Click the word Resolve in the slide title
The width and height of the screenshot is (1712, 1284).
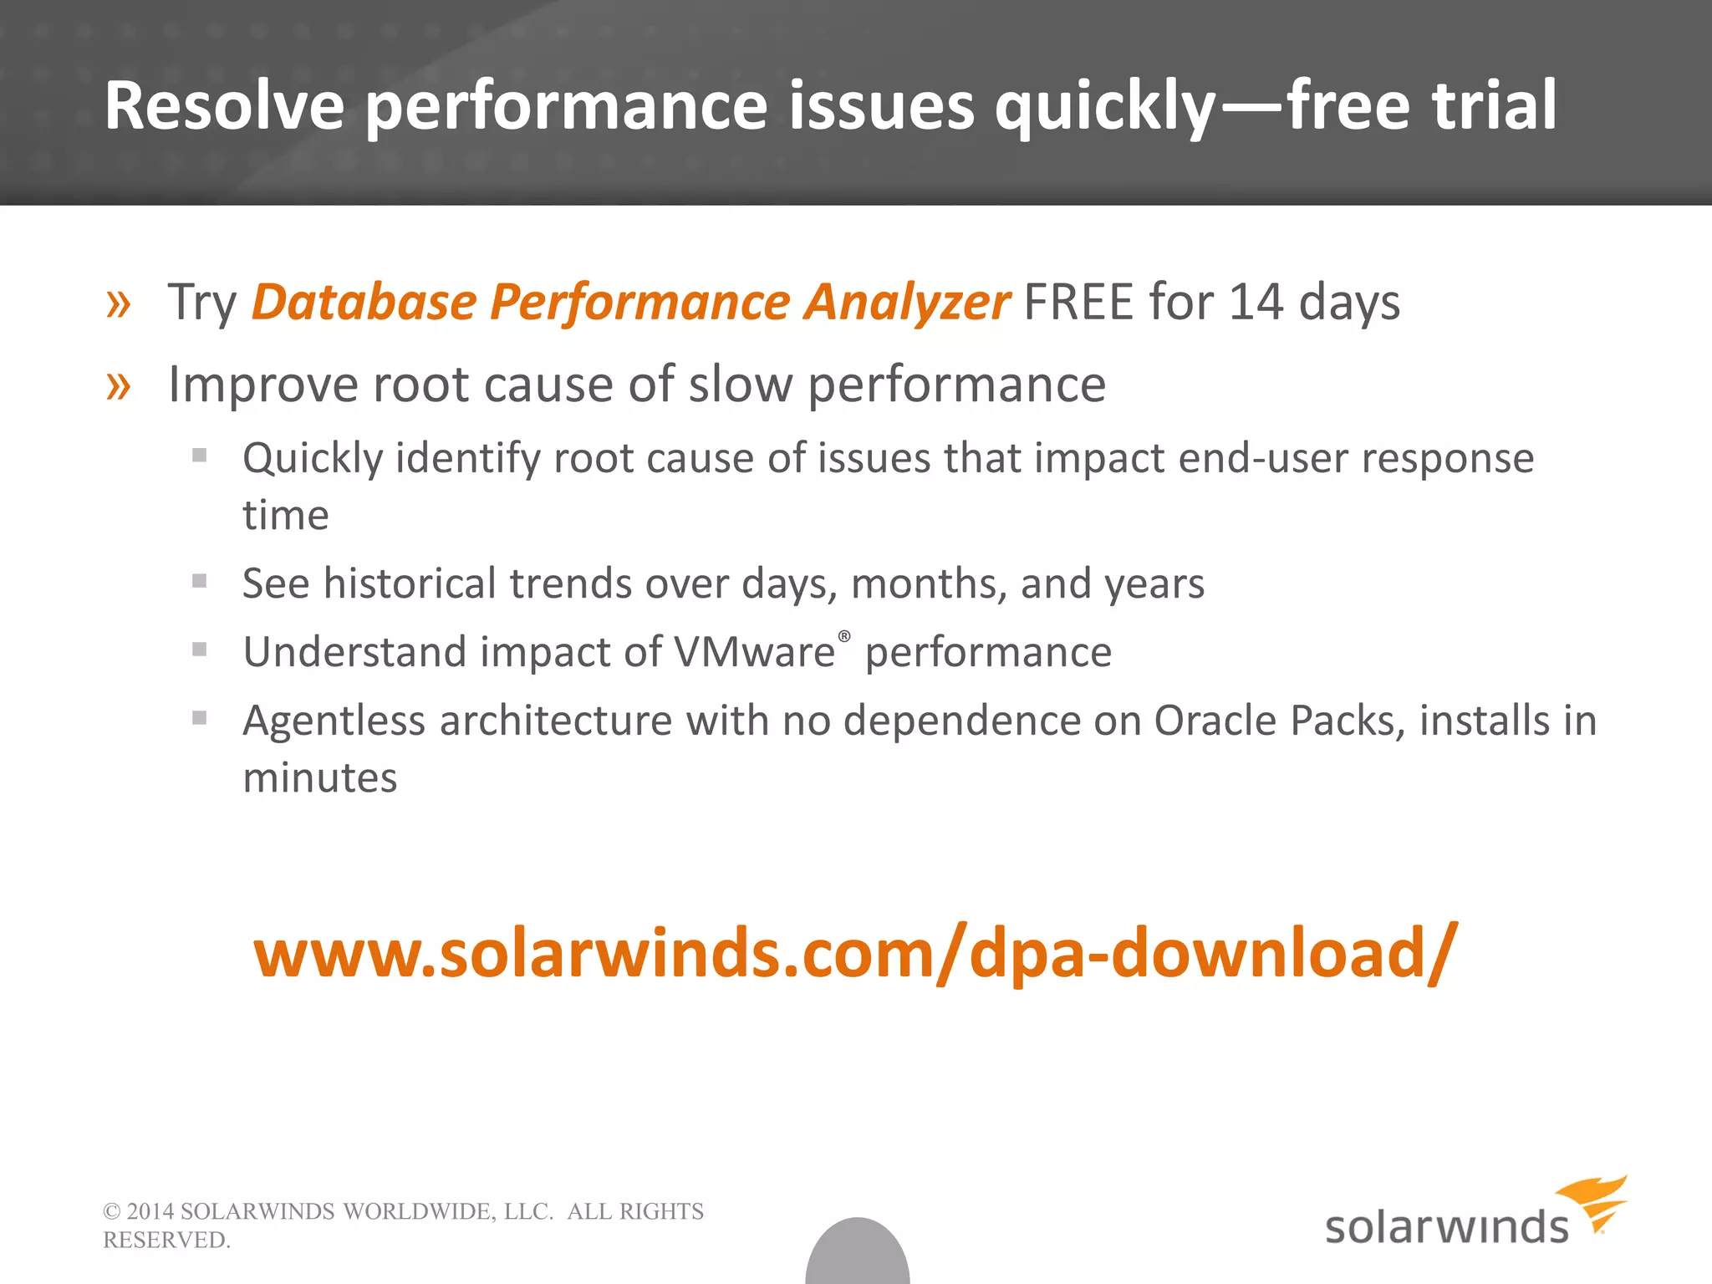coord(224,106)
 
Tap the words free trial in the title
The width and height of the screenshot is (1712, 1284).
coord(1421,106)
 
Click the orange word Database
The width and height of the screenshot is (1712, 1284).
coord(364,302)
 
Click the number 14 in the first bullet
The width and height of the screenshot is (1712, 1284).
coord(1256,302)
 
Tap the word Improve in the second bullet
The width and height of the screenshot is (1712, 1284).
coord(262,385)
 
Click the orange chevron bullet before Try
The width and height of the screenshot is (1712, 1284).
coord(119,303)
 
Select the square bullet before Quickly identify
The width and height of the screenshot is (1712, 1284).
coord(199,456)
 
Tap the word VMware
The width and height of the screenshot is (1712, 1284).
coord(754,652)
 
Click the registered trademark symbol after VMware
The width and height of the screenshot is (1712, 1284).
coord(844,636)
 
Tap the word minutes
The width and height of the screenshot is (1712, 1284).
coord(319,778)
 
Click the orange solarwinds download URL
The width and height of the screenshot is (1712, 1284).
coord(854,954)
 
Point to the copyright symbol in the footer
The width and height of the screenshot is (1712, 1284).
coord(111,1212)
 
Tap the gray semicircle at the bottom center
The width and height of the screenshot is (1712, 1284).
coord(857,1254)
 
